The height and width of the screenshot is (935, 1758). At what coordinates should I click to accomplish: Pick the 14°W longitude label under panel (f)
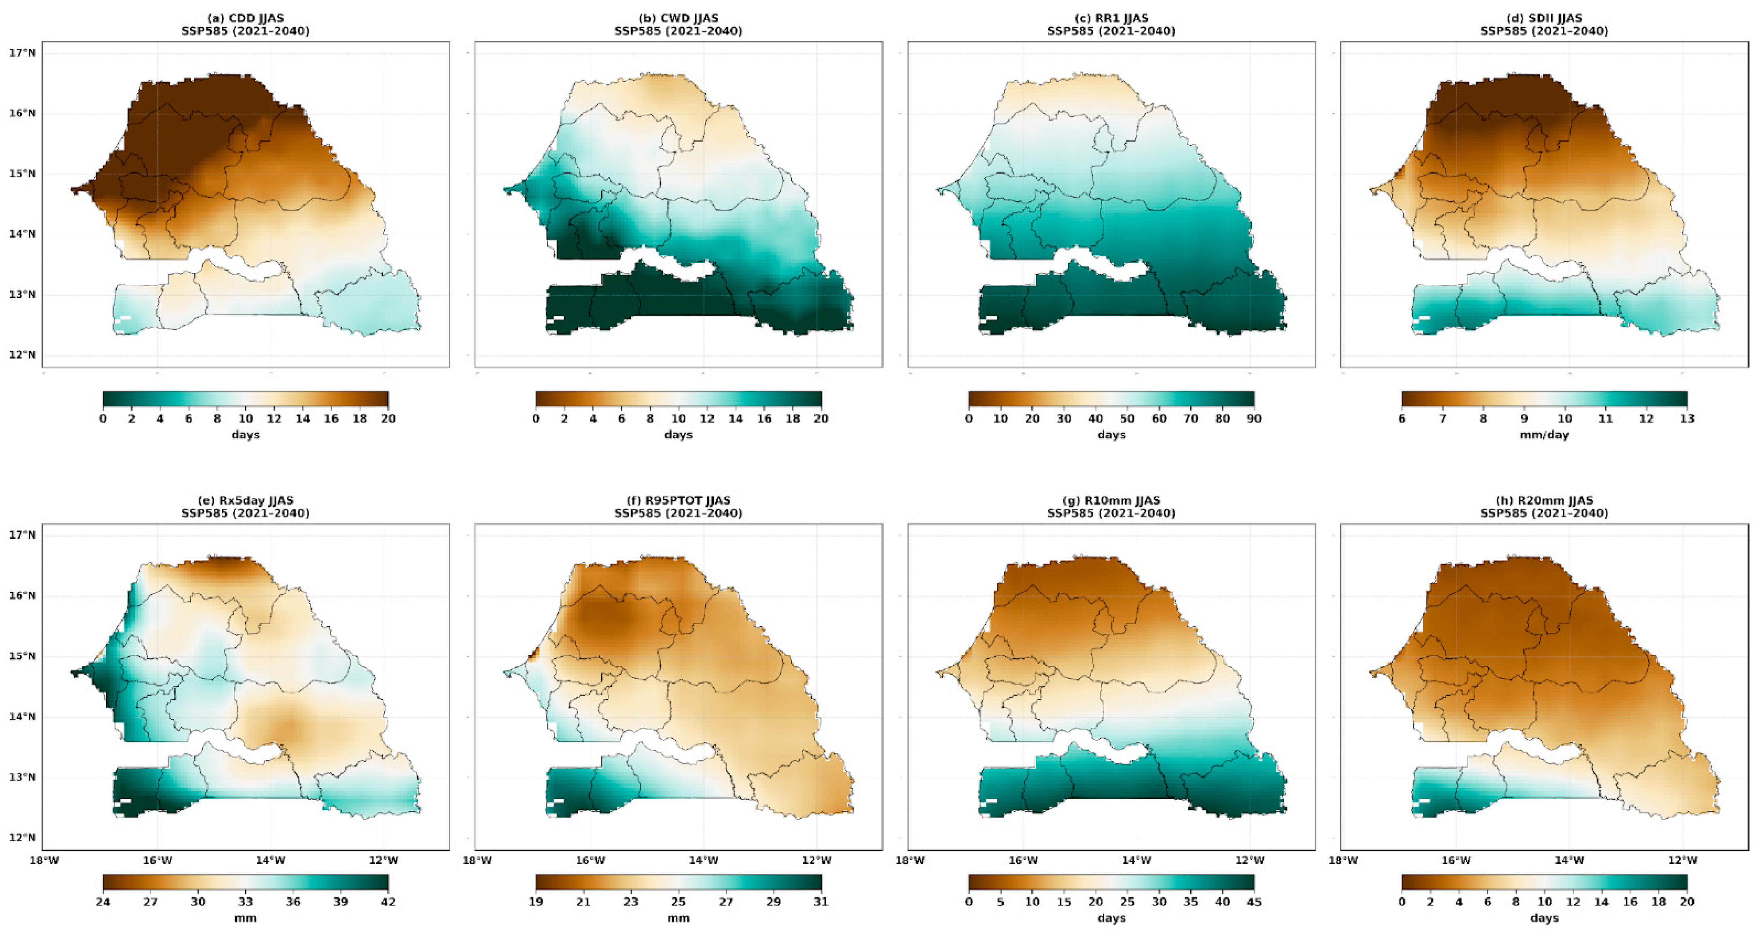703,861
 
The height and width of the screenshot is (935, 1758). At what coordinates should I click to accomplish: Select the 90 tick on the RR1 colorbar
1254,419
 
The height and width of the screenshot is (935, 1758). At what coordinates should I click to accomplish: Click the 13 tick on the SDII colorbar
1686,419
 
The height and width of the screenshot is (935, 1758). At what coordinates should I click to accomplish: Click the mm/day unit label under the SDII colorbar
1544,435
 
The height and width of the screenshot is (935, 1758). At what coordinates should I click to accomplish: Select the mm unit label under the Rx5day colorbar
245,918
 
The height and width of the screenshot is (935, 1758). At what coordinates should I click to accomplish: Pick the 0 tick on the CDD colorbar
103,419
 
